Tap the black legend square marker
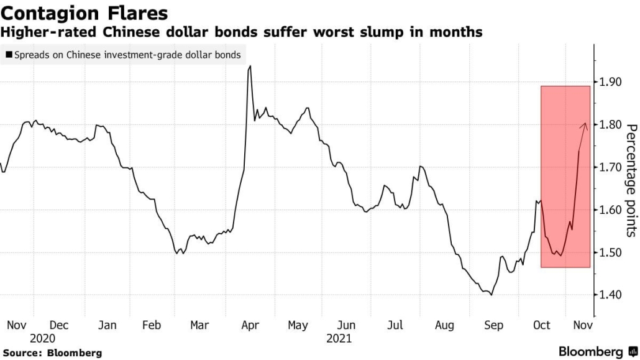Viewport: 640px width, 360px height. coord(8,55)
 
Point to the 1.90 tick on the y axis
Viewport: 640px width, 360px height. coord(610,82)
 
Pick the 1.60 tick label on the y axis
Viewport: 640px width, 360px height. coord(610,210)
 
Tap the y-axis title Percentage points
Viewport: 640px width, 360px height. coord(630,180)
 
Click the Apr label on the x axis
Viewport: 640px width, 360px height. coord(250,325)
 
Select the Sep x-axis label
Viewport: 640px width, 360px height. coord(493,325)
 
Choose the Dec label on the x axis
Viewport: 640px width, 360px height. coord(59,325)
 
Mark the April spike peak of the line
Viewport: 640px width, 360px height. coord(250,66)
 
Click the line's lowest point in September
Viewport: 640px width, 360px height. coord(491,295)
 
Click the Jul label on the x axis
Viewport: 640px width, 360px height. coord(395,325)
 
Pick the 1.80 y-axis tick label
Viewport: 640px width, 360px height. coord(610,124)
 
